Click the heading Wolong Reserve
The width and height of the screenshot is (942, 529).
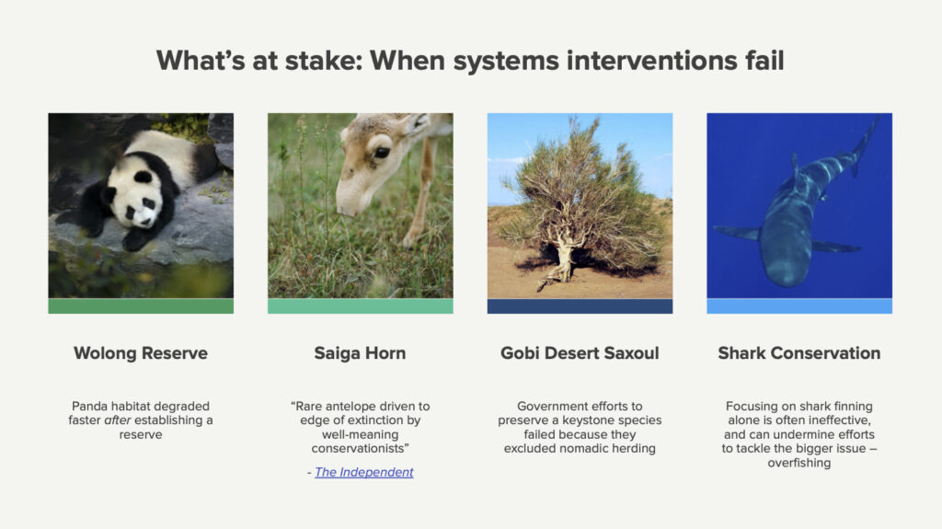point(141,353)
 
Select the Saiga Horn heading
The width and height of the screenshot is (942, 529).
point(360,353)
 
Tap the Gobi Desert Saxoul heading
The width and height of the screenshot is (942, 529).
point(580,353)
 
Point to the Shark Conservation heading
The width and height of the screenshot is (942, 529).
point(799,353)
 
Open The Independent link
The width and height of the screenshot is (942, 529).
point(364,473)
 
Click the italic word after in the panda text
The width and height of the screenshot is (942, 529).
point(118,420)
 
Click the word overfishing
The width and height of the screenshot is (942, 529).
point(799,463)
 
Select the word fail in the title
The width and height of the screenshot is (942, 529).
point(764,61)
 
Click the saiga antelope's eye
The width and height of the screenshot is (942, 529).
point(382,153)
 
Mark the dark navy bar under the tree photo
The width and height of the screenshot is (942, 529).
point(580,306)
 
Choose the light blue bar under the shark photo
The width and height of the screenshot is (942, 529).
point(799,306)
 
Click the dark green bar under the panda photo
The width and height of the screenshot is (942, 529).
point(141,306)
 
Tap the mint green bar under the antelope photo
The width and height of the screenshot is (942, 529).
point(361,306)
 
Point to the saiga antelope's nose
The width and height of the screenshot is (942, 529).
point(347,207)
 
